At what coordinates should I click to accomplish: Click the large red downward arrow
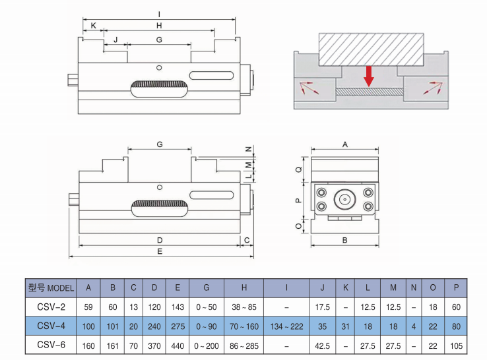369,75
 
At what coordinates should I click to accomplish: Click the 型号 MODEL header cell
51,288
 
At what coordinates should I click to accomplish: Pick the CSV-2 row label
51,307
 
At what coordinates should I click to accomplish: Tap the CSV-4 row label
51,325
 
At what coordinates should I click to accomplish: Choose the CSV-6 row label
51,344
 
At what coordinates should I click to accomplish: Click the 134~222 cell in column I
286,325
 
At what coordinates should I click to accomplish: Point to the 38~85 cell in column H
243,307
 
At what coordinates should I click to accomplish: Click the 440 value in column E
177,344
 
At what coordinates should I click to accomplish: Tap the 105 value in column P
456,344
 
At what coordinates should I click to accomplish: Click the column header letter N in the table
414,288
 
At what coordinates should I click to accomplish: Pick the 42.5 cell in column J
323,344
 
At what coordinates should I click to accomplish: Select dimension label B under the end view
344,241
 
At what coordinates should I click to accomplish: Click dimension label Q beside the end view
298,169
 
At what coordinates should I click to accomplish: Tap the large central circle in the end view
344,198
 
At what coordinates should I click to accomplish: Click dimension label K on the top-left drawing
93,26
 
